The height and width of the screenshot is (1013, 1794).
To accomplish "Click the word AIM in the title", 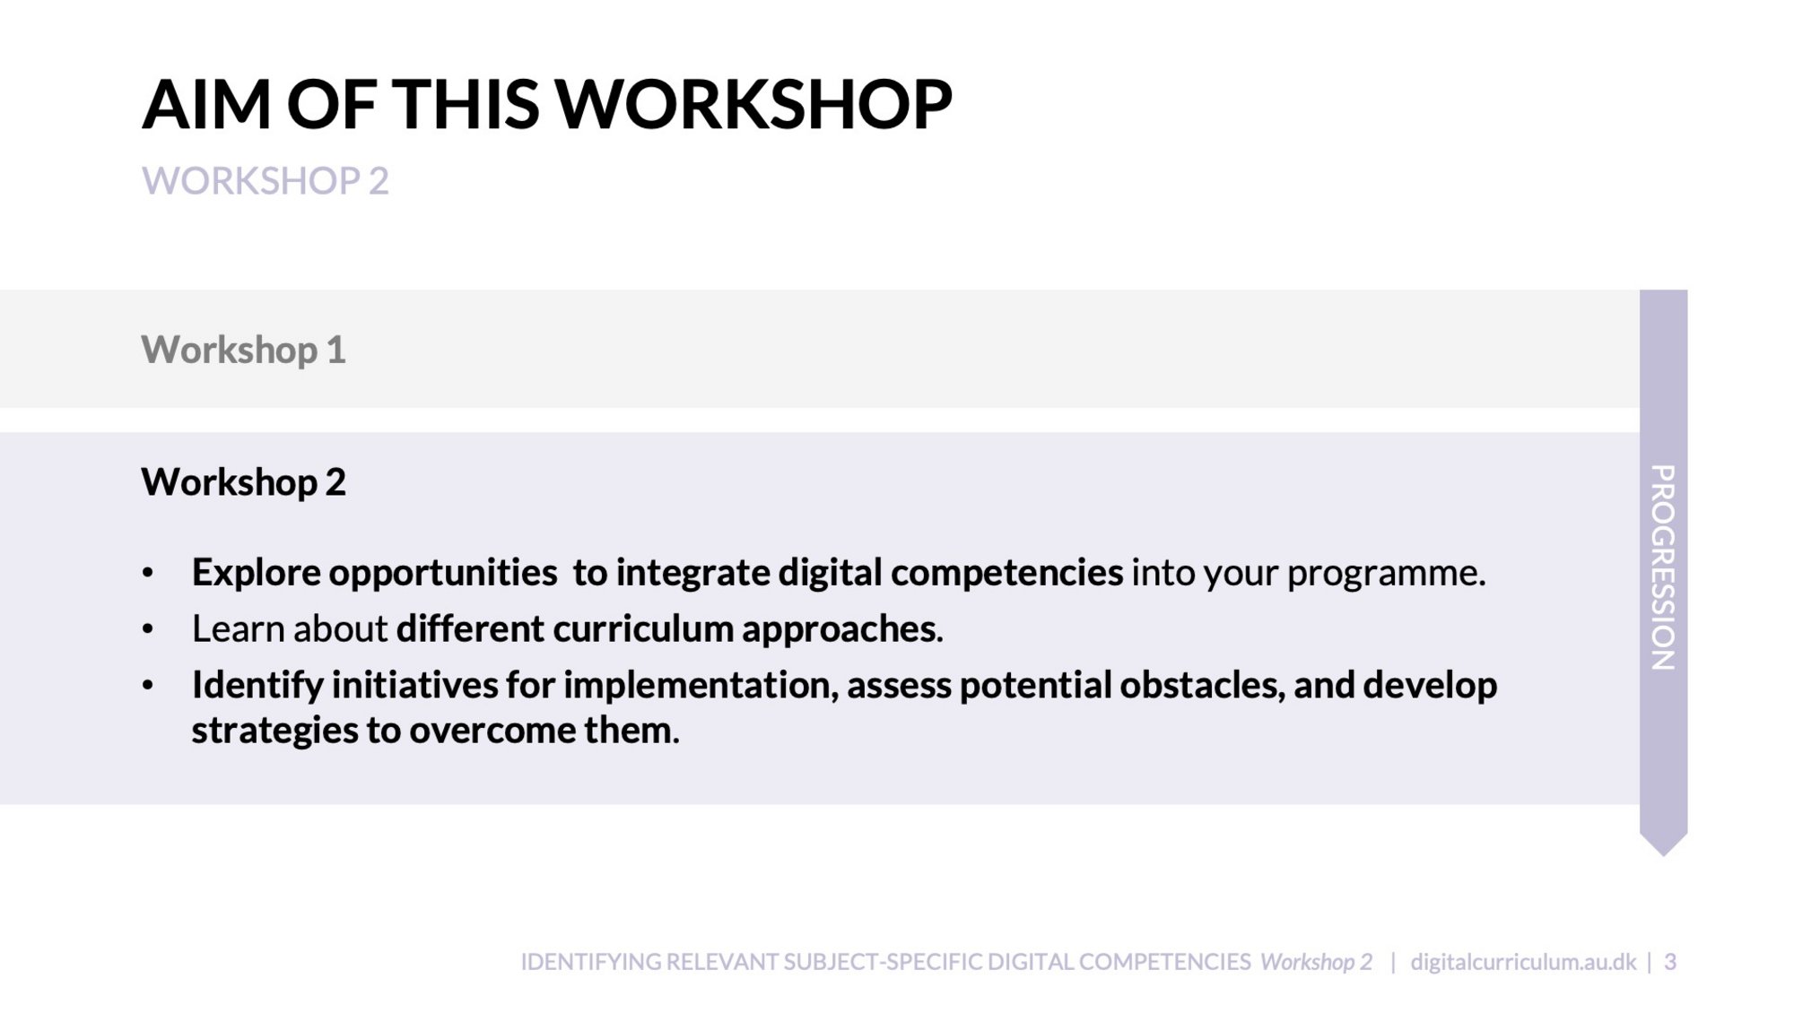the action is (206, 105).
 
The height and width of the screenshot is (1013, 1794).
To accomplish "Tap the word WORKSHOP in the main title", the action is (754, 105).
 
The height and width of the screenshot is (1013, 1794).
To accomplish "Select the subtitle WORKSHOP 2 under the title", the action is (266, 181).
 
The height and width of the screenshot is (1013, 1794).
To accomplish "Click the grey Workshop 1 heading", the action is (243, 350).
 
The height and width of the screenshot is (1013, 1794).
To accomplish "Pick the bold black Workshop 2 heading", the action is (243, 482).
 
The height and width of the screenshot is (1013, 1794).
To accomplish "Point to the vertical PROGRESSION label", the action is (1663, 567).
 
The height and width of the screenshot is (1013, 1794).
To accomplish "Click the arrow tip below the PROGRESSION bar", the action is (1664, 855).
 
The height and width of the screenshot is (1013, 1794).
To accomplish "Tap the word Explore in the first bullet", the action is (257, 573).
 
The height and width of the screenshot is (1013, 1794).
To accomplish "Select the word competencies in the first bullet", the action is (1006, 573).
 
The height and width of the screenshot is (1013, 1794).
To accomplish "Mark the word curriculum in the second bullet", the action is (643, 628).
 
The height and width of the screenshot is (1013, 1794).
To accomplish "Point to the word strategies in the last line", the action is (275, 731).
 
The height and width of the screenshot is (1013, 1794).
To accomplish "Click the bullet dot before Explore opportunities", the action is (148, 574).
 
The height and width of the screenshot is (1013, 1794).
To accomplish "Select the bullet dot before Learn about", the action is (148, 629).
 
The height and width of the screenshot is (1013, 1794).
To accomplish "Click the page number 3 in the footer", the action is (1670, 962).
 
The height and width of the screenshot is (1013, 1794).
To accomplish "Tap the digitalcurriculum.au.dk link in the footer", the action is (1523, 962).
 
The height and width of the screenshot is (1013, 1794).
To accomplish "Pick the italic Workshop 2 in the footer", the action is (1316, 962).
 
